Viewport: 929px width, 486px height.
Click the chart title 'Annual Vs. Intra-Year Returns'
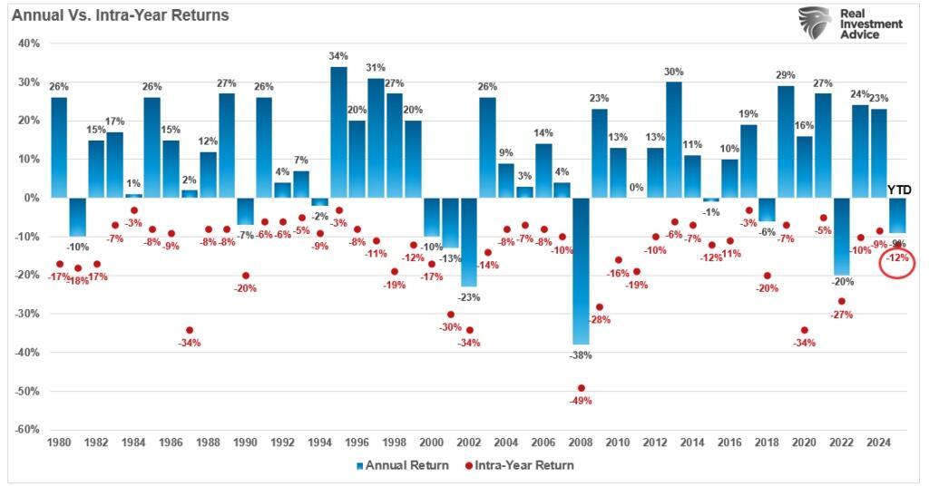tap(120, 15)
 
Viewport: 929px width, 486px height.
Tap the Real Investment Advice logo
tap(850, 24)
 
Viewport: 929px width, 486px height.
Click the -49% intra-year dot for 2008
tap(582, 388)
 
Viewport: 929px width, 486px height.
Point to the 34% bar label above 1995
tap(338, 56)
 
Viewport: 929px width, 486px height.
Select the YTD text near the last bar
tap(901, 190)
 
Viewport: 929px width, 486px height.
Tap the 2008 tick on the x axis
tap(581, 443)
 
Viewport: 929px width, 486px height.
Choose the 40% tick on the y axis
tap(28, 43)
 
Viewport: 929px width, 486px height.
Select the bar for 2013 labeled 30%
tap(673, 140)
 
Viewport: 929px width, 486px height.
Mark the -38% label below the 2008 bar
tap(582, 355)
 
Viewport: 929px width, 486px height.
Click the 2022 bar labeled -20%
tap(841, 236)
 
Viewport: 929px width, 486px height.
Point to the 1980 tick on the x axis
tap(59, 443)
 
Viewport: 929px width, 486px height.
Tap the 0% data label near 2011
tap(636, 188)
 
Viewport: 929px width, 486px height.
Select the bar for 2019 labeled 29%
tap(786, 141)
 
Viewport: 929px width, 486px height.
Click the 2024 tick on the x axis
tap(879, 443)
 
